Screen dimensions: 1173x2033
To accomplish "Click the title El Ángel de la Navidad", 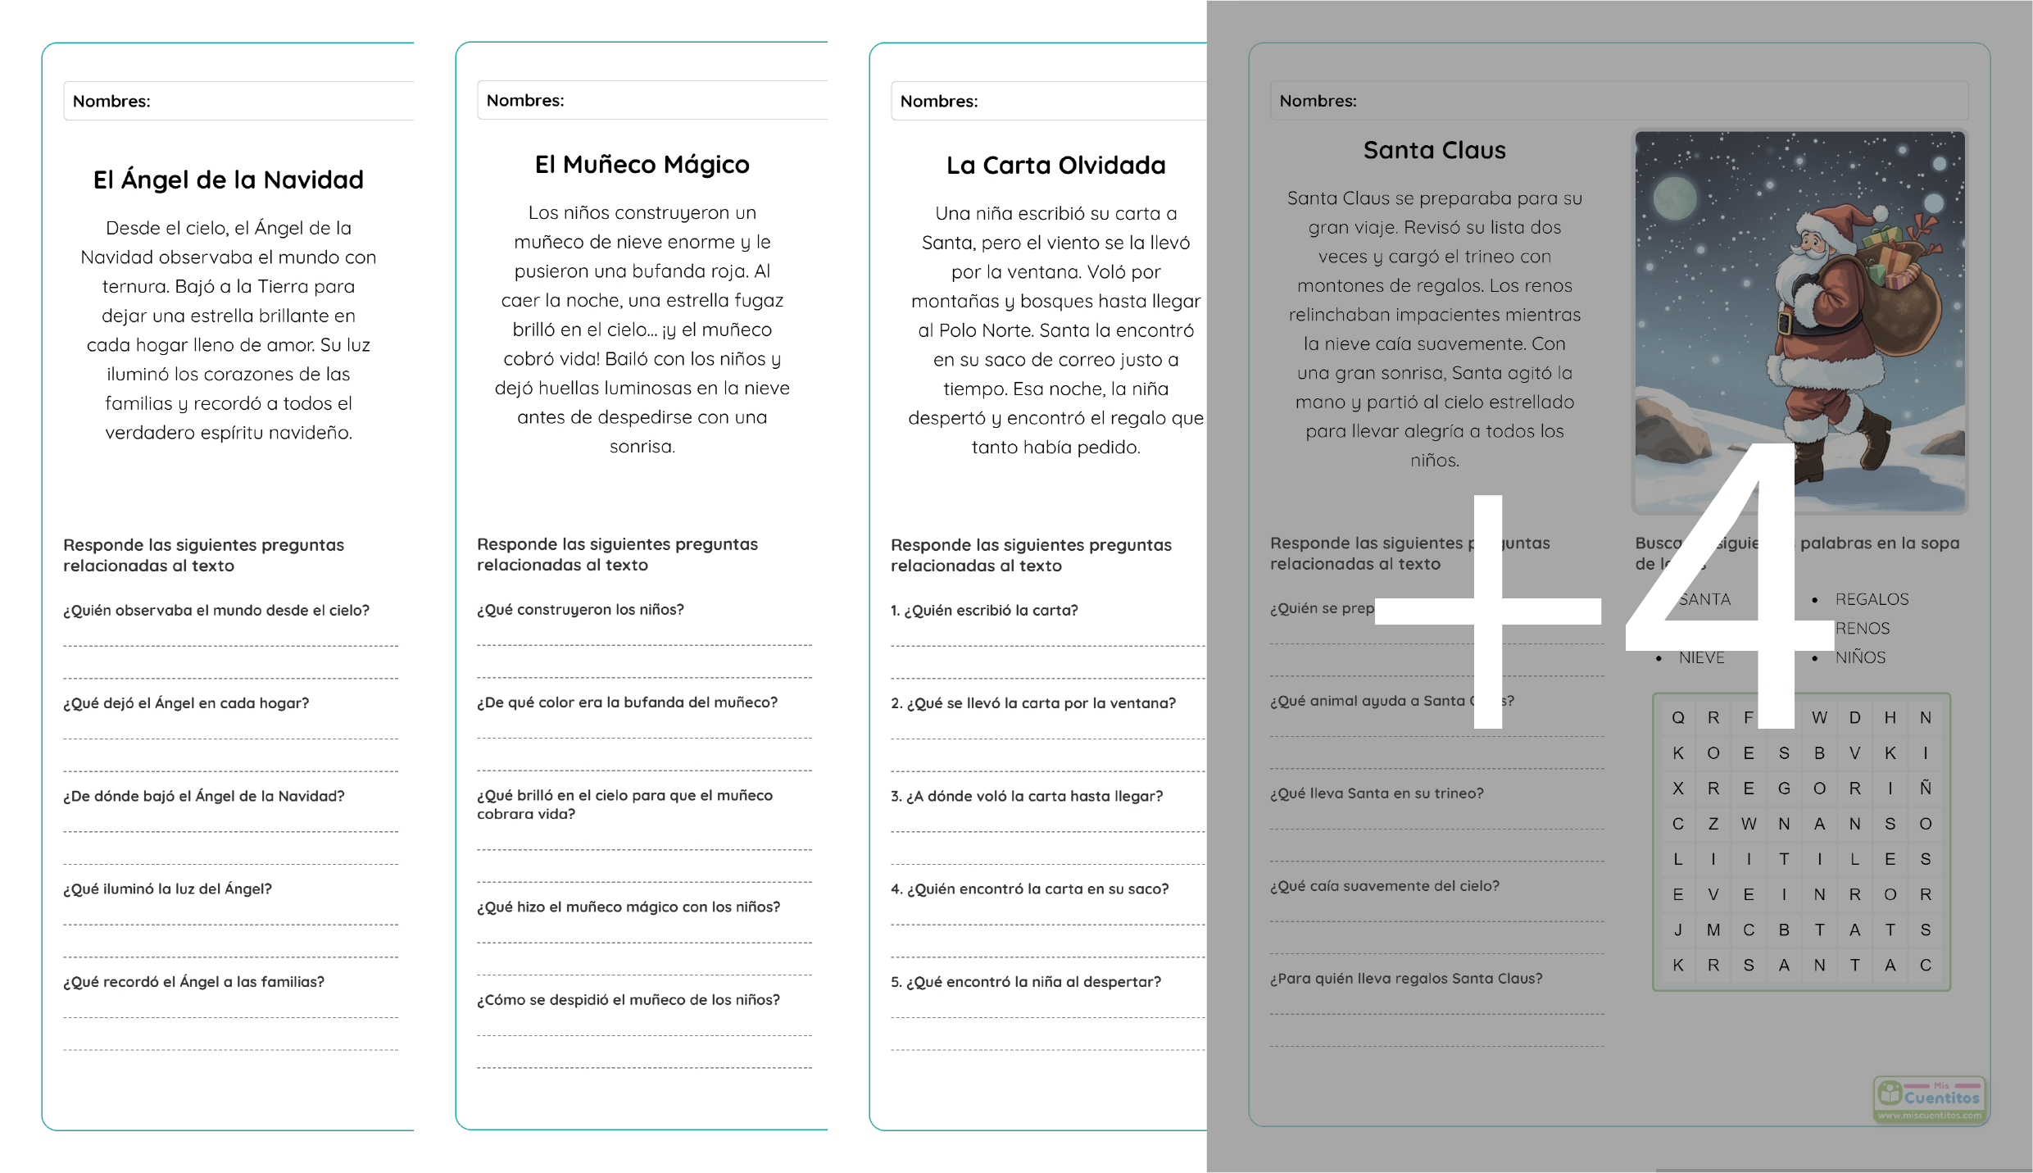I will click(228, 180).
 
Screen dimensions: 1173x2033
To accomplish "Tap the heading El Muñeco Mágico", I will click(642, 164).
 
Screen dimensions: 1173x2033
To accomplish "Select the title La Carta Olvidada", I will click(1055, 165).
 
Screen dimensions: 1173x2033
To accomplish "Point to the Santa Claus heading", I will click(1434, 150).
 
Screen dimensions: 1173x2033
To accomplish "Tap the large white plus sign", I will click(1488, 611).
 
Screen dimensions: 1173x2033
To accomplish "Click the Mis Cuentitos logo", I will click(1929, 1098).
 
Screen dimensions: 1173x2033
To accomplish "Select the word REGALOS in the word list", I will click(1872, 599).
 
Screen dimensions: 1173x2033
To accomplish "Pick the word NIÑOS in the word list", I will click(1860, 657).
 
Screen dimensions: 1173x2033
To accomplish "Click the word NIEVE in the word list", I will click(1701, 657).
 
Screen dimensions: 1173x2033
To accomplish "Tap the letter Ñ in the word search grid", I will click(1925, 788).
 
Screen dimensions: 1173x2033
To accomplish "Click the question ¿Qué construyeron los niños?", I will click(580, 610).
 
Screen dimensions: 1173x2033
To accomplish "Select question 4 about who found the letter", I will click(1029, 889).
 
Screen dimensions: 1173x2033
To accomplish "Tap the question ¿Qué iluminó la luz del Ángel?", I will click(167, 889).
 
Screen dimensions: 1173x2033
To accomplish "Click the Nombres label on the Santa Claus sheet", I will click(1318, 101).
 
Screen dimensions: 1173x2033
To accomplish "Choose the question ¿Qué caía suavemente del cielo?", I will click(1384, 886).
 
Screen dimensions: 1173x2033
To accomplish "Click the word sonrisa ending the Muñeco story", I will click(642, 447).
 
